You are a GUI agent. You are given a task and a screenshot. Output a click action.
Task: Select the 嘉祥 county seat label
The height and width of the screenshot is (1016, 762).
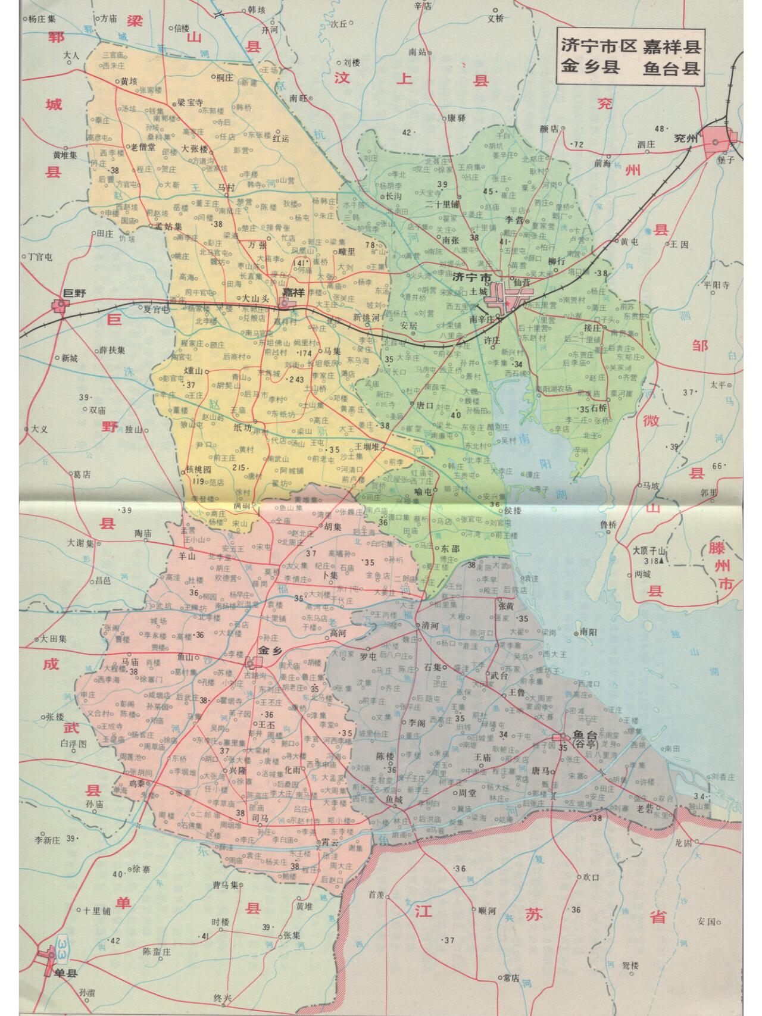[293, 292]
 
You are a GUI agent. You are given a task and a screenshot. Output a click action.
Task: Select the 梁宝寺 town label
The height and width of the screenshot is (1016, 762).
[191, 102]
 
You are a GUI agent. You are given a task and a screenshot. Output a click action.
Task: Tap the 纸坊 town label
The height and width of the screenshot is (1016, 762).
[243, 427]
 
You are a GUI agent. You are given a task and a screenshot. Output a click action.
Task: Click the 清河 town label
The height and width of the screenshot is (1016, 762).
[430, 626]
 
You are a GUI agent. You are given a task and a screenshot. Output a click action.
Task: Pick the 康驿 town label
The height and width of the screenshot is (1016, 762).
[457, 118]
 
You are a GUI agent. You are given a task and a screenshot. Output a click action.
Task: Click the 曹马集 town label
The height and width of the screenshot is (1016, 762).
[225, 885]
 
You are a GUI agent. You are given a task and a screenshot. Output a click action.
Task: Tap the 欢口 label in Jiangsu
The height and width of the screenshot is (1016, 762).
[591, 877]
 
